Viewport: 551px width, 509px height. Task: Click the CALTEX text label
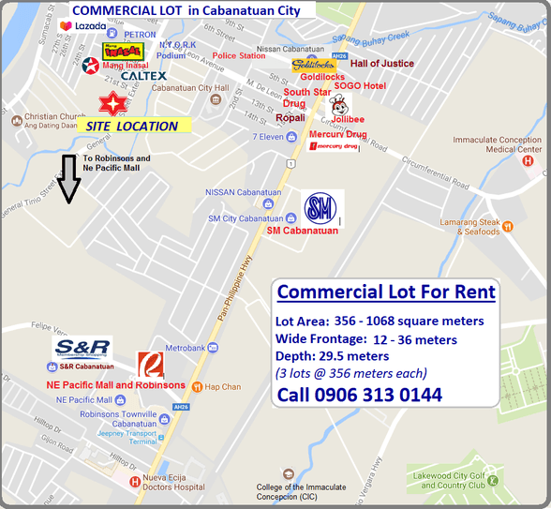tap(143, 76)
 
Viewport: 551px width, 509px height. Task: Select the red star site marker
tap(112, 102)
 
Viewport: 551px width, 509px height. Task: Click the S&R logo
tap(82, 349)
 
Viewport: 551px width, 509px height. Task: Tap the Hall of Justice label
tap(382, 64)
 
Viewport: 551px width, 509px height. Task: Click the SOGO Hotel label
tap(361, 85)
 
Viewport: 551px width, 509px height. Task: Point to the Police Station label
tap(239, 55)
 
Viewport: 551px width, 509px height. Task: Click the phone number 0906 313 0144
tap(360, 395)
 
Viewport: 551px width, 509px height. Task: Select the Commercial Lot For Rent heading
tap(386, 292)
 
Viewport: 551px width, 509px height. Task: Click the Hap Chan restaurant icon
tap(198, 387)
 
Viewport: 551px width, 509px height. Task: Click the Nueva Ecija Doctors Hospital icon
tap(136, 481)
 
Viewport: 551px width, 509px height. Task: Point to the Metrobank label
tap(213, 348)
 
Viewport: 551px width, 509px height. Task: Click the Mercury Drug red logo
tap(335, 146)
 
